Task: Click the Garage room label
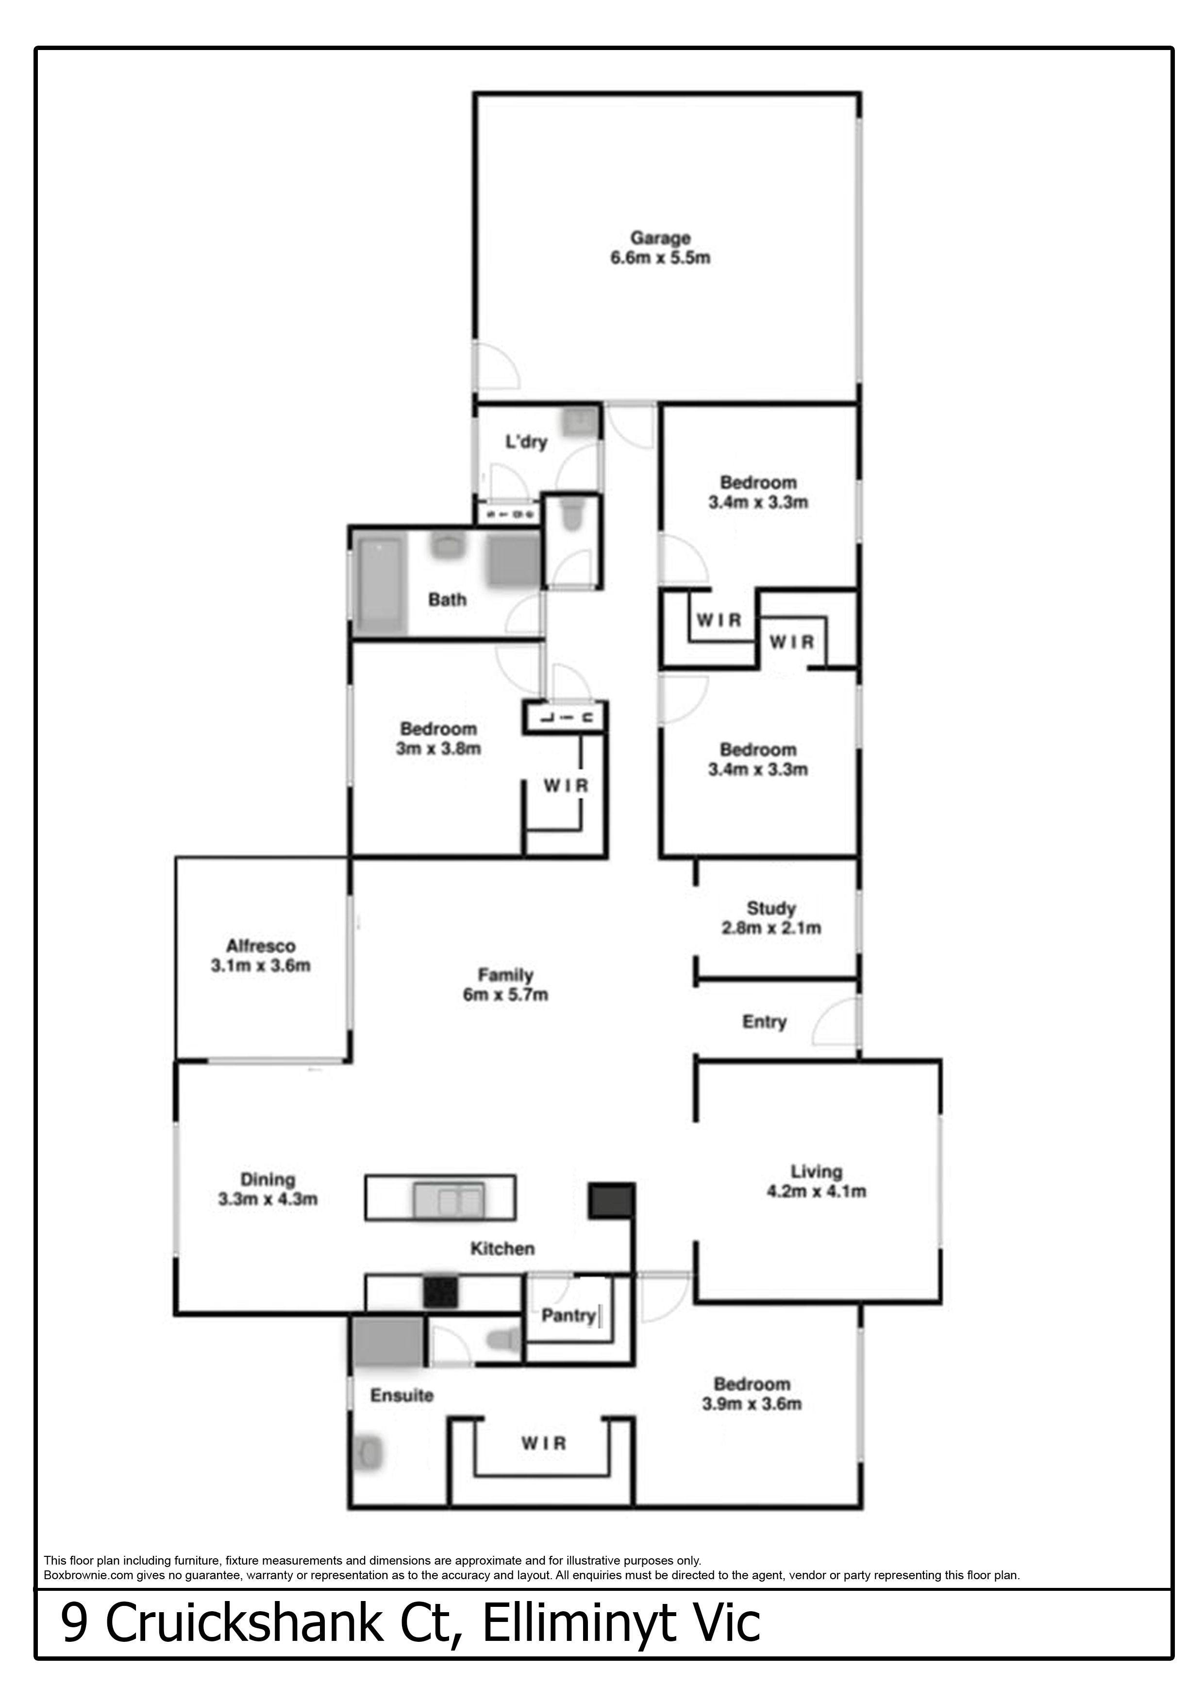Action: pos(660,238)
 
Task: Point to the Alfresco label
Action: pos(260,946)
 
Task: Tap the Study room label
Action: pos(771,908)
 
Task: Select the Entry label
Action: pos(764,1022)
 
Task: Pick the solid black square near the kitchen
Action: pos(611,1200)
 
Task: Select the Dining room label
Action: pos(268,1179)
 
